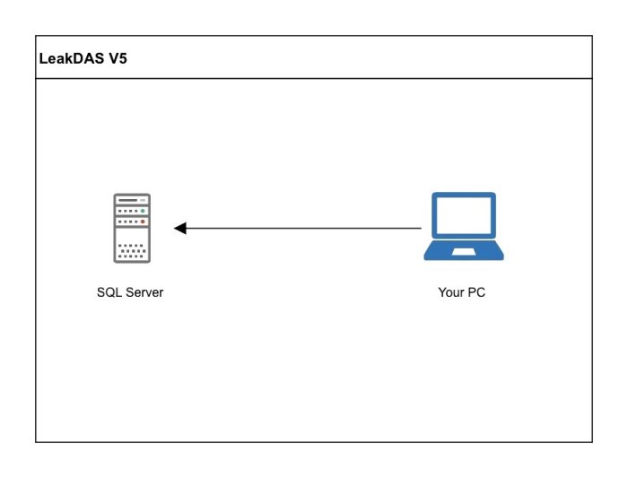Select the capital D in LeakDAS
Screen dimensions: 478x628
coord(81,60)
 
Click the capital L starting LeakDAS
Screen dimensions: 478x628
coord(43,60)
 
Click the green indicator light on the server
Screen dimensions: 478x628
coord(143,211)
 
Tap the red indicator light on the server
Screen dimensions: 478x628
coord(143,221)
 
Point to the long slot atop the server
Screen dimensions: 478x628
coord(128,200)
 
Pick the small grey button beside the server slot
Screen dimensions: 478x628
coord(143,200)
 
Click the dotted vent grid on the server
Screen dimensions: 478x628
coord(132,249)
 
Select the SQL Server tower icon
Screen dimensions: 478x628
coord(132,228)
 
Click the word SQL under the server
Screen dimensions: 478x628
coord(109,292)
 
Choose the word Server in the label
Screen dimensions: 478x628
coord(144,292)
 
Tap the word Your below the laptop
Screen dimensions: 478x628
coord(451,292)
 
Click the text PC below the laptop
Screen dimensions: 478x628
coord(477,292)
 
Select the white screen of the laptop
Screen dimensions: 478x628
coord(463,215)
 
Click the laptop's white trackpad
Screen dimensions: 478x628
coord(463,252)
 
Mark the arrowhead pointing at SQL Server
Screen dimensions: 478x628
coord(179,228)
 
